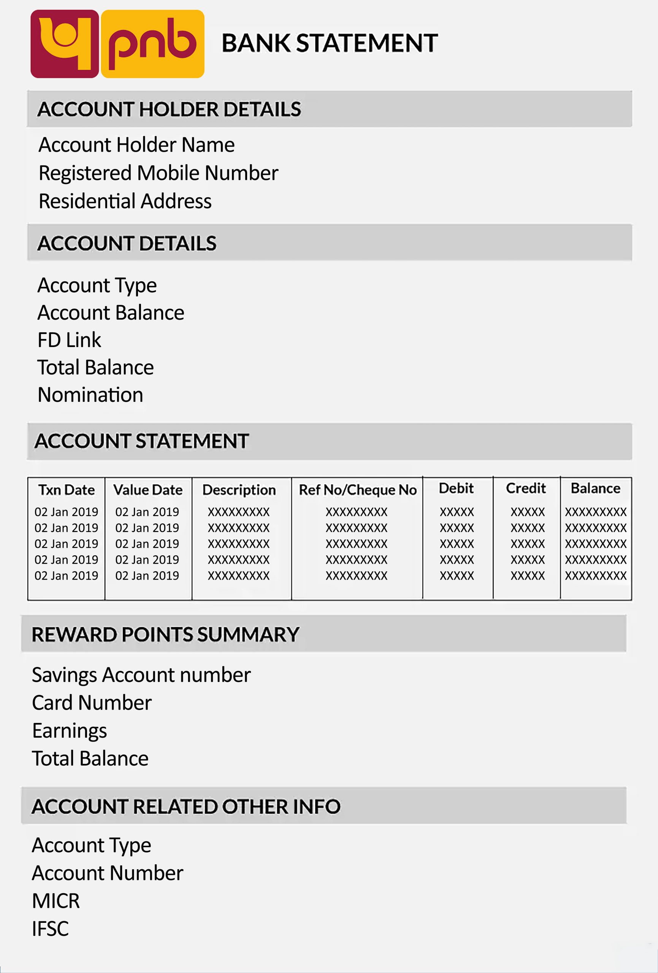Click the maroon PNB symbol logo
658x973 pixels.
click(x=65, y=44)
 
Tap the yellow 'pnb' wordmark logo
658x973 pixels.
click(x=152, y=44)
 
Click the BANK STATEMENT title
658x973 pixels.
click(x=330, y=43)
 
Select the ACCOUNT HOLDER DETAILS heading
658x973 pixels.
click(x=169, y=109)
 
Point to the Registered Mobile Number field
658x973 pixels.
click(x=158, y=173)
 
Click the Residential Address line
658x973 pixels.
click(x=125, y=201)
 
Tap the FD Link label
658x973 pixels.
click(x=69, y=339)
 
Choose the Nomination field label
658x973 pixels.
click(x=90, y=395)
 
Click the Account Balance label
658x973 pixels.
click(x=111, y=313)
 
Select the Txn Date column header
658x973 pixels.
click(x=67, y=490)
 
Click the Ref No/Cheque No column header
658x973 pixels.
click(x=358, y=490)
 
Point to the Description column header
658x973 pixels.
click(x=239, y=490)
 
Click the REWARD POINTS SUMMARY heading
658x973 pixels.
click(x=165, y=634)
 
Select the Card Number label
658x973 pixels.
click(x=92, y=702)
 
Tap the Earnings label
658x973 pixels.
click(x=70, y=731)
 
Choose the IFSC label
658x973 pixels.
click(x=50, y=928)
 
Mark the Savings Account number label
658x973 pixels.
click(x=141, y=675)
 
